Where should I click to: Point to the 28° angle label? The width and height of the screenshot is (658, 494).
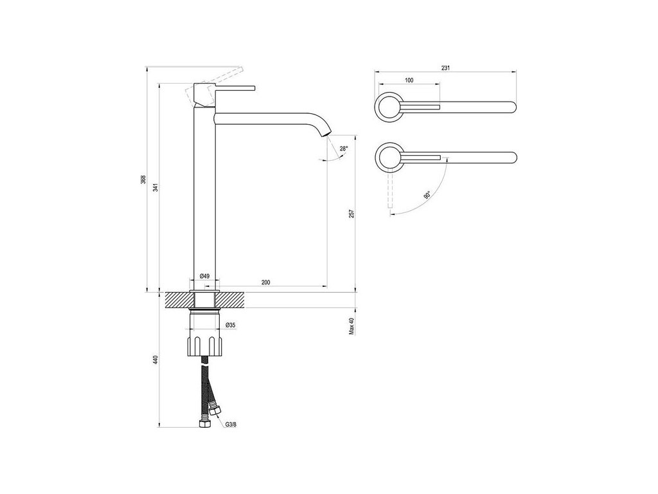344,149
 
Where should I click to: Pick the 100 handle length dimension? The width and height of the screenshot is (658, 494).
409,80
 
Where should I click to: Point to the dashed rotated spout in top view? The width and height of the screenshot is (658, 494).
389,193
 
